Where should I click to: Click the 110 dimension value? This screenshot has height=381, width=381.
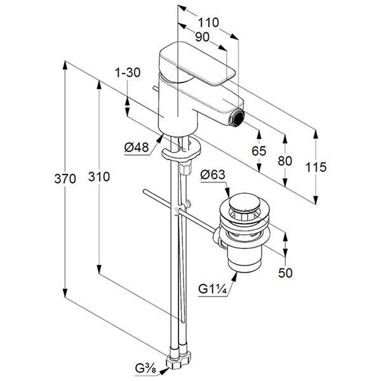208,22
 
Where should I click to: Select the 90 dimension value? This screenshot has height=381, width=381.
202,37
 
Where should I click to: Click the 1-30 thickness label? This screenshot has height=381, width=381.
128,73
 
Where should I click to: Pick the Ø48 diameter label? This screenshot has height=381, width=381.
137,147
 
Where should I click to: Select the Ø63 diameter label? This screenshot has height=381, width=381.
213,174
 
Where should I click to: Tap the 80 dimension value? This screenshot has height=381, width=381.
285,161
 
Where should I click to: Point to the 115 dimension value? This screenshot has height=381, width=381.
315,167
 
